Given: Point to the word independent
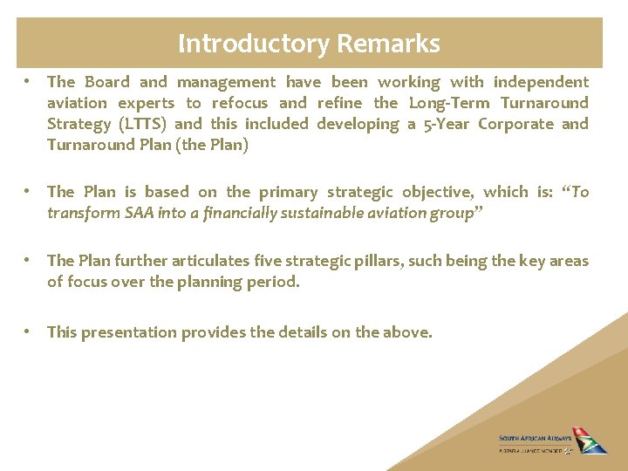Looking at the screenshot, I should pyautogui.click(x=541, y=82).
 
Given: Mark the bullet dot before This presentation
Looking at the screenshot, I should pyautogui.click(x=29, y=332).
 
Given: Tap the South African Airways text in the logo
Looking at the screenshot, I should pyautogui.click(x=535, y=439).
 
